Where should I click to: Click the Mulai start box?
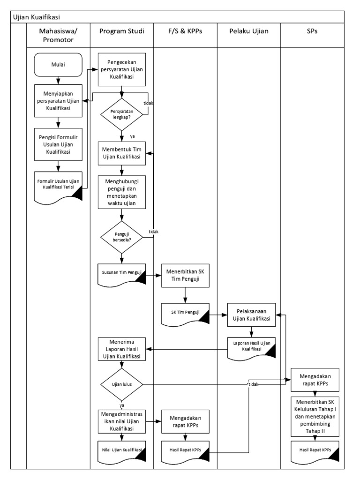(x=59, y=65)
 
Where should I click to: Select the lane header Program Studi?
(x=121, y=31)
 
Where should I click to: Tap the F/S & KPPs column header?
(x=185, y=31)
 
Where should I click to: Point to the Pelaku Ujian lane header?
(x=248, y=31)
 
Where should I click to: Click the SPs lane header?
(x=312, y=31)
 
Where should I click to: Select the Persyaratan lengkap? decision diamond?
(x=122, y=115)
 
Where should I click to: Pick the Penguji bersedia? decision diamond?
(x=122, y=236)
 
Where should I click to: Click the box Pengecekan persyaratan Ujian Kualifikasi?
(x=122, y=70)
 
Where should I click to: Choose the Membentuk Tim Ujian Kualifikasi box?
(x=122, y=153)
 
